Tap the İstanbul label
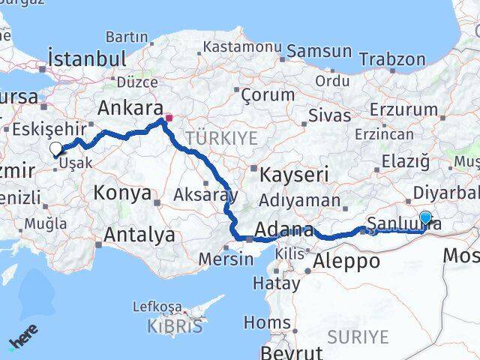click(x=85, y=58)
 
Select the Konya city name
click(x=122, y=193)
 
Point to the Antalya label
click(x=139, y=235)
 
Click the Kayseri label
click(x=295, y=175)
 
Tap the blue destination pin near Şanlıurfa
click(x=425, y=218)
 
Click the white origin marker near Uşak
click(x=55, y=148)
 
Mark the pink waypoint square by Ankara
click(x=168, y=118)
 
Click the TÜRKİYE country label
click(x=222, y=138)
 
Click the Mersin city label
click(x=226, y=259)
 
